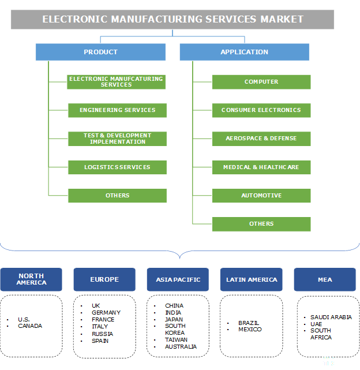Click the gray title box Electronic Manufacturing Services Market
(172, 19)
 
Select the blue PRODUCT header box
(100, 52)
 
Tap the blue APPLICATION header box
(244, 52)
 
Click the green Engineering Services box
(117, 110)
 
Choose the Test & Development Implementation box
(117, 139)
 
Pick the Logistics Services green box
(117, 167)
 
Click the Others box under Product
(117, 196)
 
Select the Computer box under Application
(261, 82)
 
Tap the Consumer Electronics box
(261, 110)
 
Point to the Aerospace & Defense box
(261, 139)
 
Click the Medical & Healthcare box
(261, 167)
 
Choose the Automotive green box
(261, 196)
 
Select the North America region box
(31, 279)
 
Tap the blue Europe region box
(104, 279)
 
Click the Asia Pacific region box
(178, 279)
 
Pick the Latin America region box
(252, 279)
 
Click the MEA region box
(325, 279)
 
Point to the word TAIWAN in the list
(175, 340)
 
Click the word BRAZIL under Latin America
(249, 323)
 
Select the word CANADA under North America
(30, 326)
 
